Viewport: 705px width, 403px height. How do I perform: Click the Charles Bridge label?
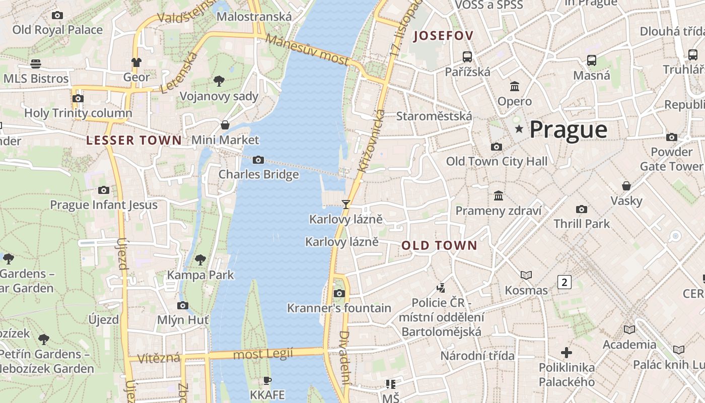[x=258, y=174]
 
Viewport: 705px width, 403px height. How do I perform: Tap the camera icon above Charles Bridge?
[x=258, y=160]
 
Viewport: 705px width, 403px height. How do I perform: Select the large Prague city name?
[x=568, y=130]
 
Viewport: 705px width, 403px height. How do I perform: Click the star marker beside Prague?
[x=519, y=129]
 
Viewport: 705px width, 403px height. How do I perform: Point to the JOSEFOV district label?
[x=443, y=36]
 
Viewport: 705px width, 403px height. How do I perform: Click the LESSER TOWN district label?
[x=134, y=141]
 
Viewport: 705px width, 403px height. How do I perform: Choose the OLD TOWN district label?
[x=439, y=246]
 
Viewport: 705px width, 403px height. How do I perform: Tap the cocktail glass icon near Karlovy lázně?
[x=346, y=204]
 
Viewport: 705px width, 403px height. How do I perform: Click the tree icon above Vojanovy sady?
[x=219, y=81]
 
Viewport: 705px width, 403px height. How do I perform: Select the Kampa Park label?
[x=200, y=275]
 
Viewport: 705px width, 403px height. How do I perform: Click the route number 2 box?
[x=564, y=282]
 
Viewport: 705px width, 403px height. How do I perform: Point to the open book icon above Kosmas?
[x=526, y=275]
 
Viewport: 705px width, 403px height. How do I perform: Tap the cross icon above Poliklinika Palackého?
[x=567, y=353]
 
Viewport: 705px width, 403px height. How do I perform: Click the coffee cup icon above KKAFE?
[x=267, y=380]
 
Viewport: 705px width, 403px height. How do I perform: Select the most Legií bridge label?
[x=263, y=354]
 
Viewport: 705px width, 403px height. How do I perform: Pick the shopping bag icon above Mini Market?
[x=225, y=125]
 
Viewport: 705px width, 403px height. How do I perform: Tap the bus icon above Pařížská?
[x=467, y=56]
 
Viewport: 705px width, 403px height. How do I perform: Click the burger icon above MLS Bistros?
[x=36, y=64]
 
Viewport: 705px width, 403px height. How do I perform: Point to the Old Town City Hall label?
[x=497, y=162]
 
